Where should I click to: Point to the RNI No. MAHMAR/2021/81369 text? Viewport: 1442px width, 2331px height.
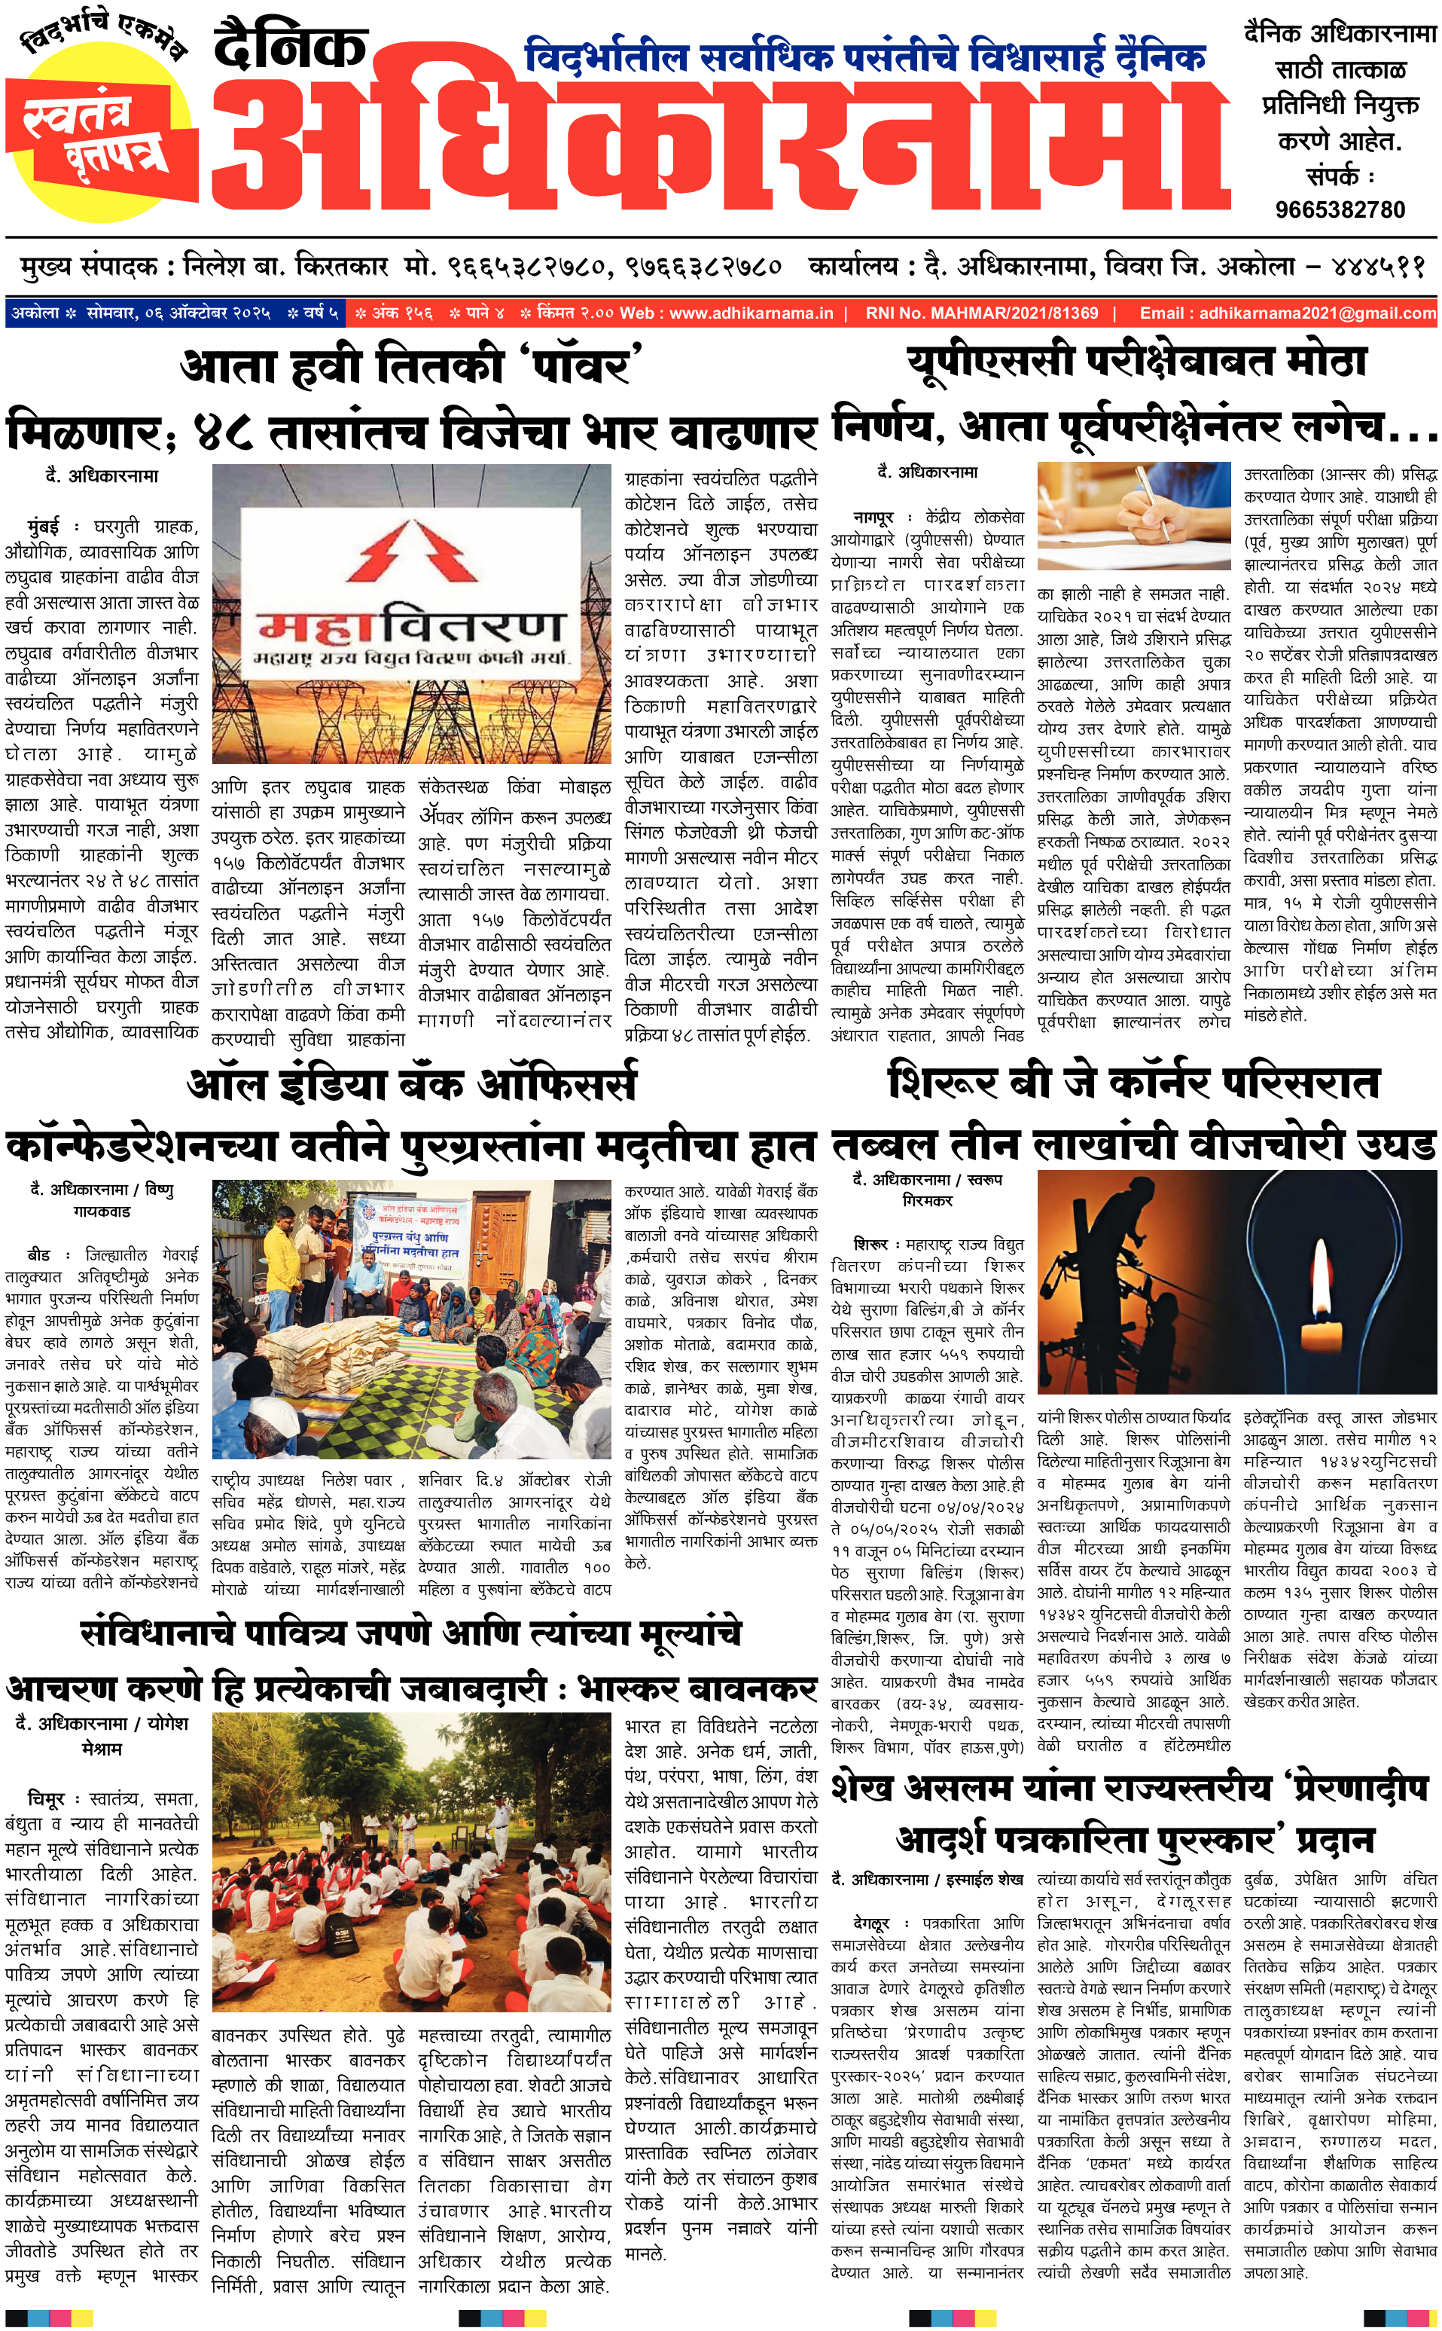point(981,313)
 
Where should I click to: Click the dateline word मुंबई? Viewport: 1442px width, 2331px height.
point(44,526)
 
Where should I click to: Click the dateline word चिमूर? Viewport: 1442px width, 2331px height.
point(46,1798)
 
